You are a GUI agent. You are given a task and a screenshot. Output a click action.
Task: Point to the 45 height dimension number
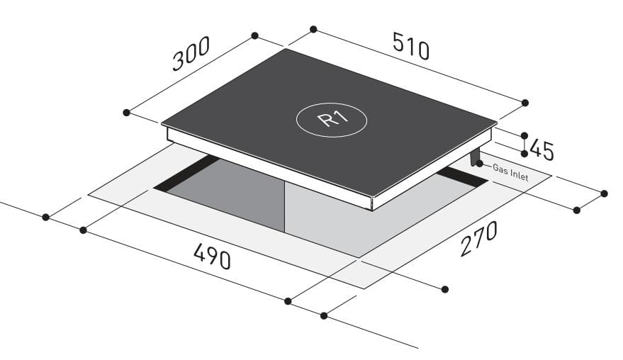point(541,150)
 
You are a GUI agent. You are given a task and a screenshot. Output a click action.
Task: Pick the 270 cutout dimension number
point(479,239)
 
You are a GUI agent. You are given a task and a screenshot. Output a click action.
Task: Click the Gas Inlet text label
point(510,173)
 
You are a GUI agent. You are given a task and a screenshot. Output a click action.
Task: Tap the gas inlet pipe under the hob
point(474,155)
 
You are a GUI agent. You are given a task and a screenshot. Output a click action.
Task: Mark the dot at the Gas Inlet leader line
point(481,164)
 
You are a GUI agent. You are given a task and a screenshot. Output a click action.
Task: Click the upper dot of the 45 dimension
point(524,135)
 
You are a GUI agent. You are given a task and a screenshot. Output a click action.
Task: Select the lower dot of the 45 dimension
point(524,153)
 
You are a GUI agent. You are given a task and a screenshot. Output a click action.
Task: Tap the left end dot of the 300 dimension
point(126,112)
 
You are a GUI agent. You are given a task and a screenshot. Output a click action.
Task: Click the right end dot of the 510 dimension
point(525,103)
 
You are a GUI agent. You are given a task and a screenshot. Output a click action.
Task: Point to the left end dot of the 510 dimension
point(313,29)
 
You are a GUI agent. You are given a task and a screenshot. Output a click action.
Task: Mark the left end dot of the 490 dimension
point(83,230)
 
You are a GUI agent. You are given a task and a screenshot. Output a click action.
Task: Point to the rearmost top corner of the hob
point(286,49)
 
